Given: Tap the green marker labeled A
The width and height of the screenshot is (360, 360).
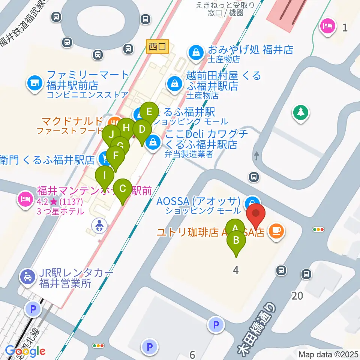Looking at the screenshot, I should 235,228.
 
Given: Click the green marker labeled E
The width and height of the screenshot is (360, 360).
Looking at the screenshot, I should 149,112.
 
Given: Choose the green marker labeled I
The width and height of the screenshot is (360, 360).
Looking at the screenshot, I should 105,175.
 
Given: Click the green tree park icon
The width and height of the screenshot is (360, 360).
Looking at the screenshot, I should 301,112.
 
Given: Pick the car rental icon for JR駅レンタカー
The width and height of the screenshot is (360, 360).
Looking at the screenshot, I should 27,277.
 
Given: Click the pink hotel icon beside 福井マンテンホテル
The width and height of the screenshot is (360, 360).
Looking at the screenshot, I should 25,198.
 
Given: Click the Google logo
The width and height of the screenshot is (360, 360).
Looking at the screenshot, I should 25,351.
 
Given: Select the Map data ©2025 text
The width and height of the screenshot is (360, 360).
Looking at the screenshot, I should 328,354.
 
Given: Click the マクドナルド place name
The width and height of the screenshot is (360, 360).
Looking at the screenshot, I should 71,121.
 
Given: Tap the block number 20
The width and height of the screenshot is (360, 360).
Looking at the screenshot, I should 297,296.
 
